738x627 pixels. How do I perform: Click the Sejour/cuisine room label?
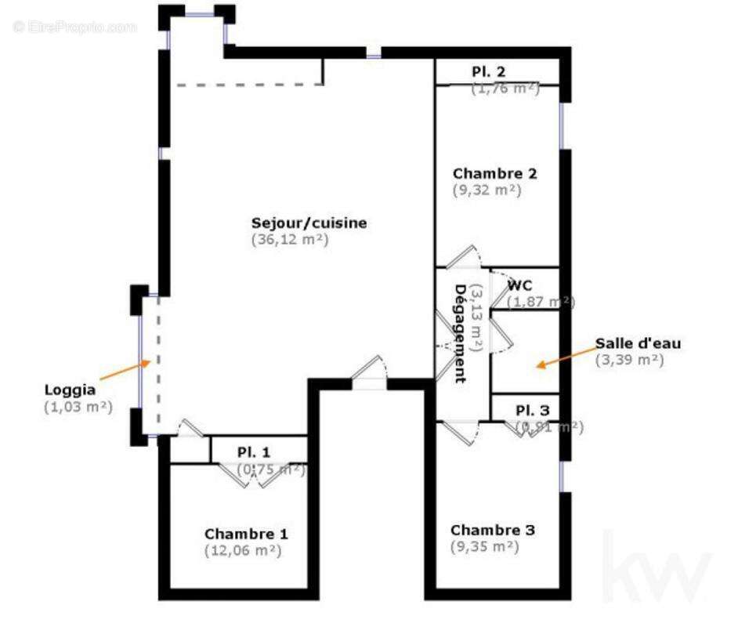[309, 223]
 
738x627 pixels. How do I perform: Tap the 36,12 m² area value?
[290, 240]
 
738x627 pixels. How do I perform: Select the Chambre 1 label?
[246, 534]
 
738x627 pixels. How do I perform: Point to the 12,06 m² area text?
[242, 550]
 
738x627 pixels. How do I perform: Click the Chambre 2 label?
[495, 173]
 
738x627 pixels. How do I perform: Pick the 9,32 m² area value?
[487, 190]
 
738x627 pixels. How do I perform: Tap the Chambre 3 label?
[493, 531]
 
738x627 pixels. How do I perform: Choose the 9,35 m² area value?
[484, 547]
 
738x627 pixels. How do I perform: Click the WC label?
[519, 286]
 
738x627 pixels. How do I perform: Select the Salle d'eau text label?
[638, 343]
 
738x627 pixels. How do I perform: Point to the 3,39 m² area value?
[629, 360]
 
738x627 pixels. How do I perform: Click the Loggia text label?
[70, 390]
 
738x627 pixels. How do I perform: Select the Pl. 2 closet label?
[488, 72]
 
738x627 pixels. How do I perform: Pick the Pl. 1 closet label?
[254, 452]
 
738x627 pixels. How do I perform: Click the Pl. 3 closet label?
[532, 411]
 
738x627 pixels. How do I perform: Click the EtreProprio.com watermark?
[75, 27]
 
